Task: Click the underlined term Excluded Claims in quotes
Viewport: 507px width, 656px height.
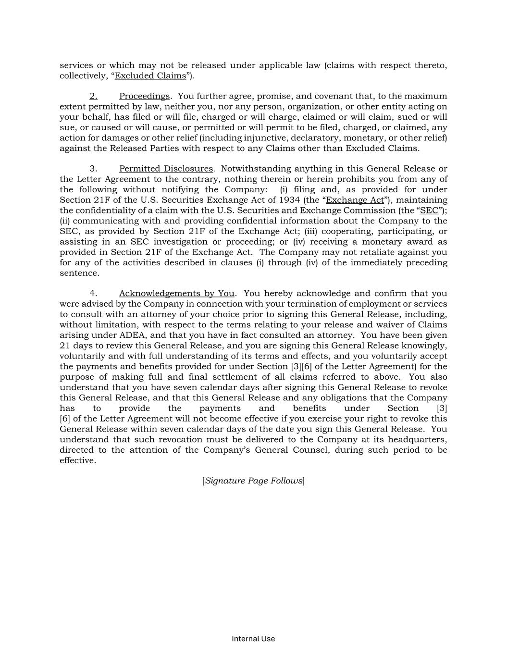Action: pyautogui.click(x=150, y=76)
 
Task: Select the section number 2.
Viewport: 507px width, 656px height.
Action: pyautogui.click(x=93, y=96)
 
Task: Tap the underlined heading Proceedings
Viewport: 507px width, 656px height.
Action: pyautogui.click(x=144, y=96)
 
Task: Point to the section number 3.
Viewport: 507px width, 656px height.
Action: pyautogui.click(x=93, y=169)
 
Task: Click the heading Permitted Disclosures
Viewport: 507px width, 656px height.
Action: pyautogui.click(x=166, y=169)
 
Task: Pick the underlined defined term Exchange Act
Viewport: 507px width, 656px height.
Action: pyautogui.click(x=355, y=200)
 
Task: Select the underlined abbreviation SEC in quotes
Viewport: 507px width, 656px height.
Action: pyautogui.click(x=429, y=210)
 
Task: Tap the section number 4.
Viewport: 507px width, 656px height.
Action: pyautogui.click(x=93, y=294)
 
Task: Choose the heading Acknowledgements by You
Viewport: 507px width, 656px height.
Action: pyautogui.click(x=176, y=294)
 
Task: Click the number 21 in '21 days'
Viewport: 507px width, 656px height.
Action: pyautogui.click(x=65, y=346)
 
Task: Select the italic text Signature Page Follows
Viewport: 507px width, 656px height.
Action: pyautogui.click(x=254, y=481)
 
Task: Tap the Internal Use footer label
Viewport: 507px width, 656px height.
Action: pyautogui.click(x=253, y=639)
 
